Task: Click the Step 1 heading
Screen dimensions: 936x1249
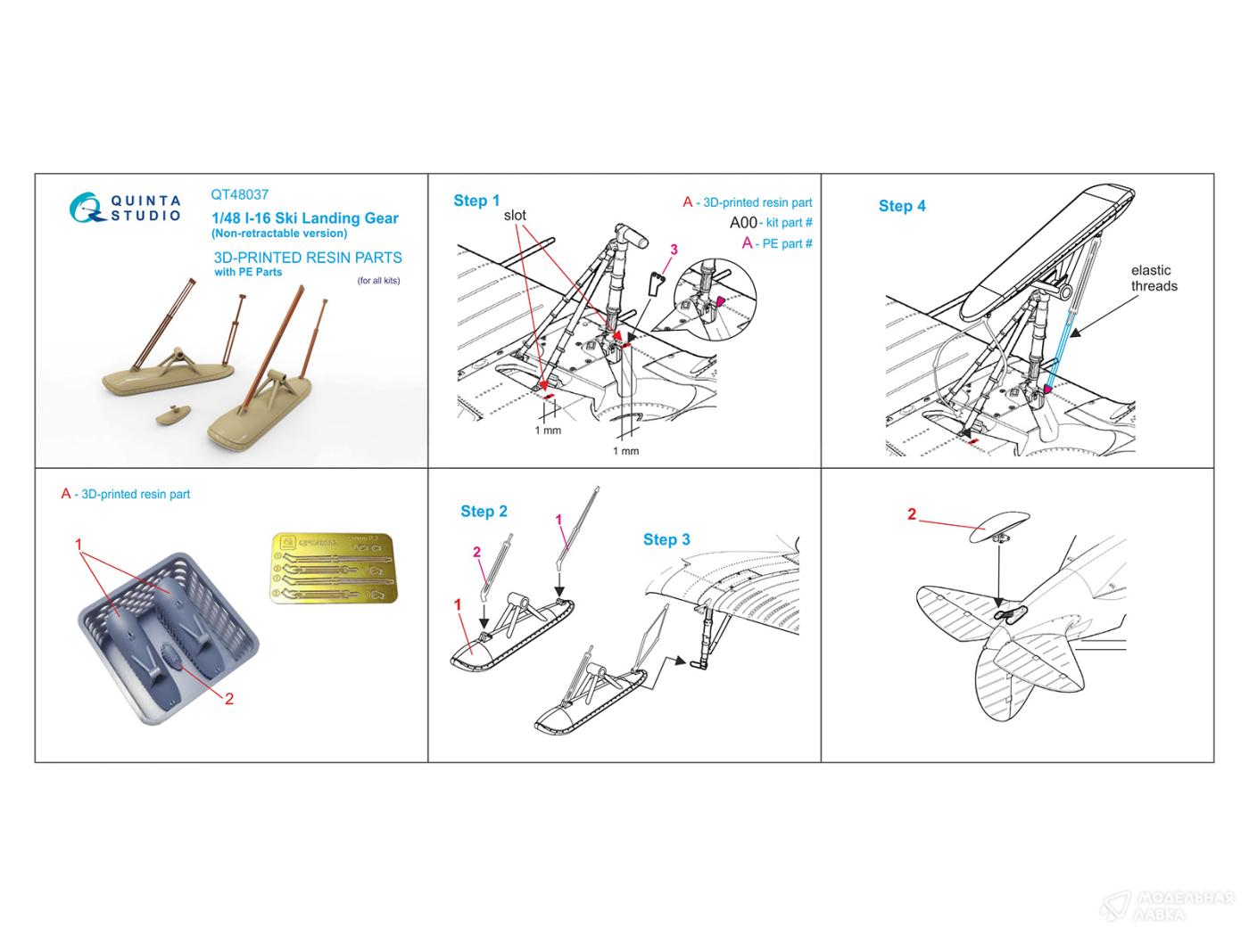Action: point(476,201)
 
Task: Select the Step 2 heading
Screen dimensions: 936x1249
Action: point(484,511)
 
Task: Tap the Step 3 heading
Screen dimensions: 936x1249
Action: point(666,539)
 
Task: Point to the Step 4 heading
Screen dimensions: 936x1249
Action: point(902,206)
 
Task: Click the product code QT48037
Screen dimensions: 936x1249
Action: point(240,194)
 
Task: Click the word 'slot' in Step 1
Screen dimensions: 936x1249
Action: point(515,216)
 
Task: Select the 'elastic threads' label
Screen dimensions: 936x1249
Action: point(1154,278)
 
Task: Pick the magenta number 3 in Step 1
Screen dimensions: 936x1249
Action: point(674,250)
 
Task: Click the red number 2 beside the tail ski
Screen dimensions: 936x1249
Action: point(912,514)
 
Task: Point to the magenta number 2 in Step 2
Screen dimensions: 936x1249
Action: point(477,553)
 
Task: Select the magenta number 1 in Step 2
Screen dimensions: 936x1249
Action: point(558,519)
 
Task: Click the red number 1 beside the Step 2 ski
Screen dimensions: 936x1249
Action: point(458,604)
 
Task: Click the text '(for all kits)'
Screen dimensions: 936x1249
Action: point(378,281)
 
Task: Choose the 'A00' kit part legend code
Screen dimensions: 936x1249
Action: point(743,223)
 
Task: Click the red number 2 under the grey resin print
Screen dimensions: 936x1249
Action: point(228,698)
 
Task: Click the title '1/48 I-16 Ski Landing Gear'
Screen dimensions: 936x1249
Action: point(304,218)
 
